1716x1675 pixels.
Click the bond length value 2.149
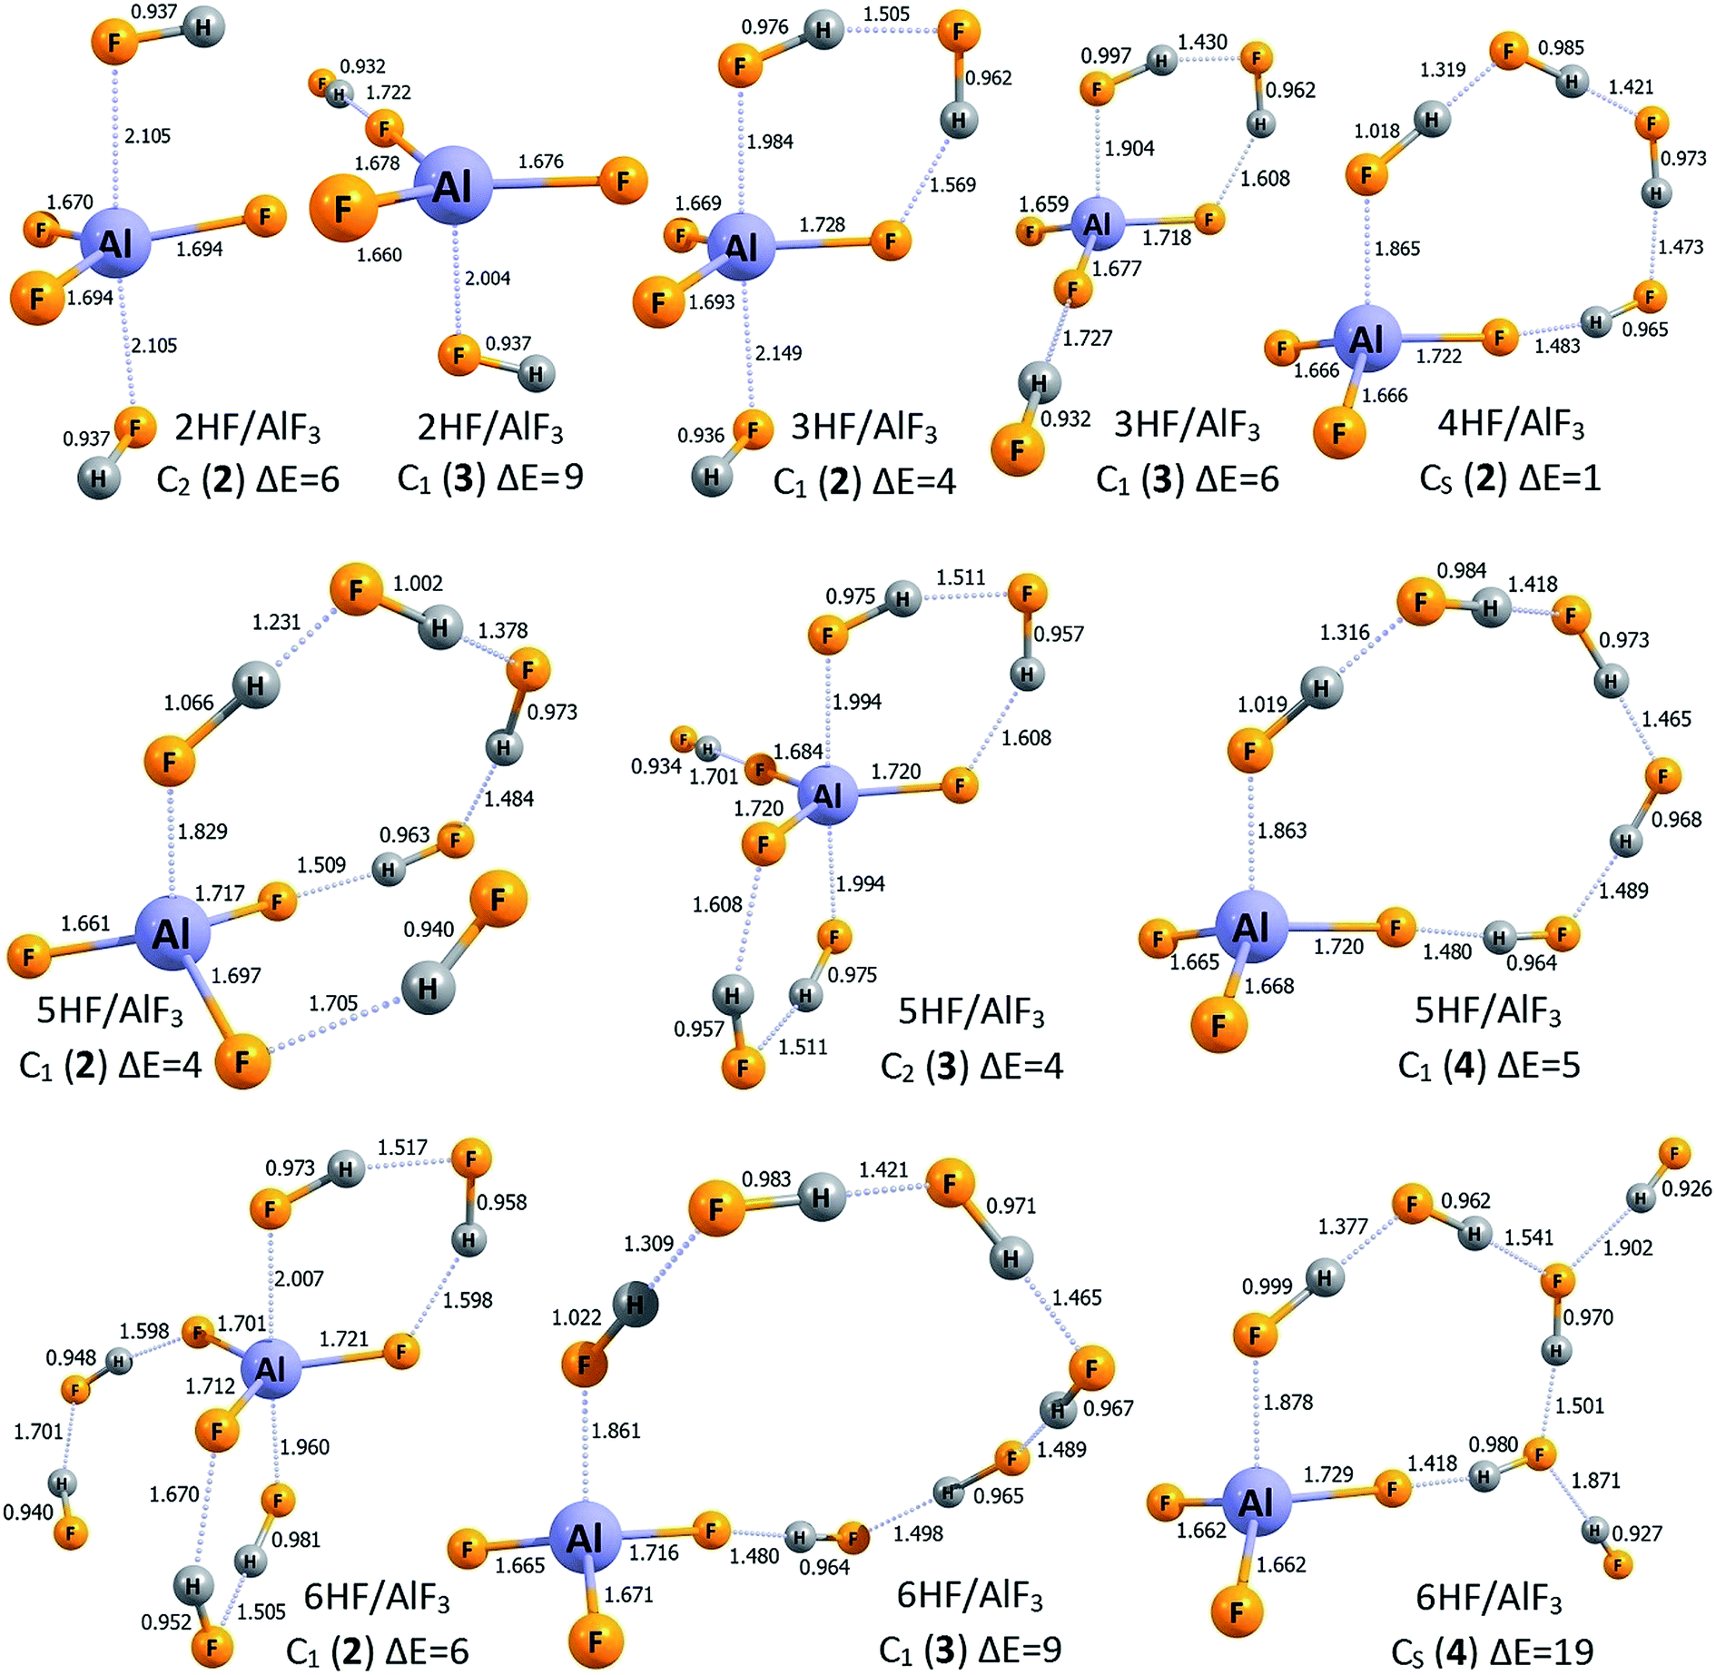(x=778, y=352)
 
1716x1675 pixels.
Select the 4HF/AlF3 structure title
(x=1510, y=425)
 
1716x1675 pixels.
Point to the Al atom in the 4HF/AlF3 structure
(x=1366, y=340)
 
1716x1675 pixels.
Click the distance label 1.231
(x=276, y=622)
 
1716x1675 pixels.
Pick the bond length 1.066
(x=189, y=703)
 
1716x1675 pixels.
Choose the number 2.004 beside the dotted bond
(x=488, y=278)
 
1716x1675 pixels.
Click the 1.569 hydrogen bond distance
(x=953, y=184)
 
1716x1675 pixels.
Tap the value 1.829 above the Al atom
(x=202, y=831)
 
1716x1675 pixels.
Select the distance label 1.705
(x=333, y=1002)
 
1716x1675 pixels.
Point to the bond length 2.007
(x=299, y=1278)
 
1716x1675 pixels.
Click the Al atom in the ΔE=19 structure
(x=1256, y=1503)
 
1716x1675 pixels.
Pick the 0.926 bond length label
(x=1686, y=1187)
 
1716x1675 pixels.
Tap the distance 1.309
(x=648, y=1243)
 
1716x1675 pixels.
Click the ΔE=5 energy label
(x=1530, y=1065)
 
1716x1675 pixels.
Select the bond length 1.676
(x=541, y=162)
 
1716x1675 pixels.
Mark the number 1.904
(x=1129, y=148)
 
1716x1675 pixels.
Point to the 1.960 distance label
(x=305, y=1446)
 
